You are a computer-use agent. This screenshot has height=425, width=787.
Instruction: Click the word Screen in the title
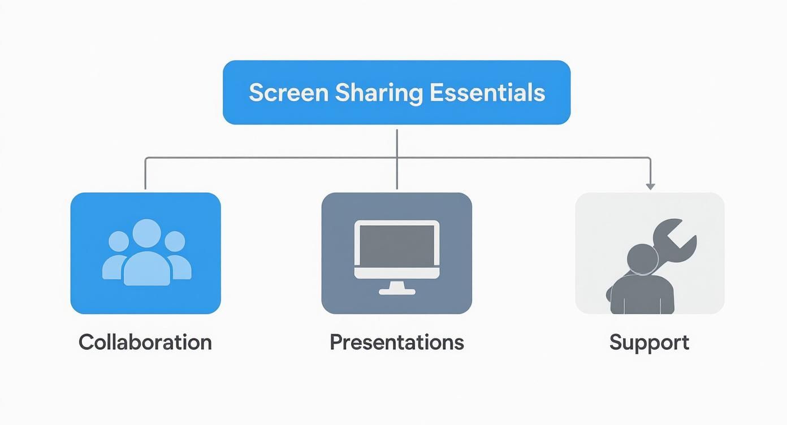(x=288, y=93)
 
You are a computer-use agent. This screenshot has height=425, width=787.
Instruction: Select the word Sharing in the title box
(x=378, y=93)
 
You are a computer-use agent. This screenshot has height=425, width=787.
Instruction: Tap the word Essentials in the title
(x=487, y=93)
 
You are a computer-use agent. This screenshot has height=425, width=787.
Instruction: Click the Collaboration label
(x=145, y=342)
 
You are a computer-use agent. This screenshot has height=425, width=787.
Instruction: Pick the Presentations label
(x=397, y=342)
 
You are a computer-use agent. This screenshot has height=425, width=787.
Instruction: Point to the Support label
(x=649, y=342)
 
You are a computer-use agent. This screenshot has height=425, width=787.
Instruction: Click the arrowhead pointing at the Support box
(x=650, y=185)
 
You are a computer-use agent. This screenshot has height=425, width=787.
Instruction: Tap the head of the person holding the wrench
(x=643, y=259)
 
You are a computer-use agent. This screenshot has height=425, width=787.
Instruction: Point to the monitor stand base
(x=397, y=292)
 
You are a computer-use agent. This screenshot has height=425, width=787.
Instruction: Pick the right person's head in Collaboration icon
(x=174, y=242)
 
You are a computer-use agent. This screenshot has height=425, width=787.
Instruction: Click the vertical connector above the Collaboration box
(x=145, y=174)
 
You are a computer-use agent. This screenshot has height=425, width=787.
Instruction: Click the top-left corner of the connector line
(x=146, y=158)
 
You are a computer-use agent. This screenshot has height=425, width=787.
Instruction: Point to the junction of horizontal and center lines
(x=397, y=158)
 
